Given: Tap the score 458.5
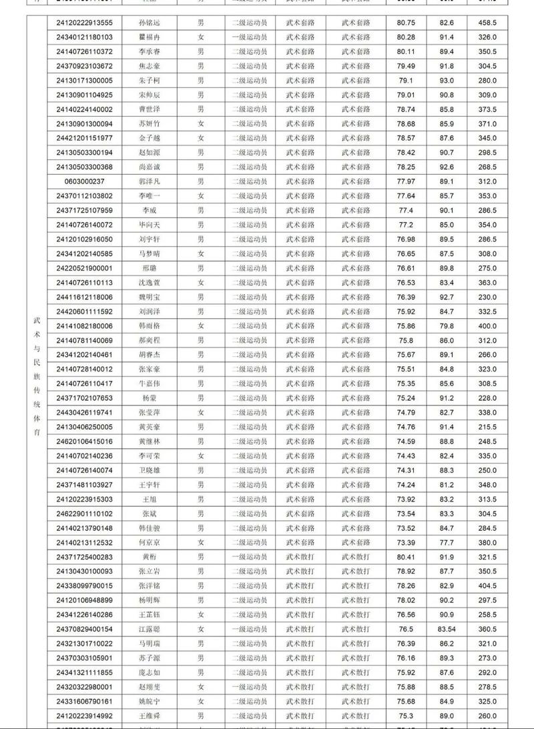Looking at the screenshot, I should pyautogui.click(x=487, y=23).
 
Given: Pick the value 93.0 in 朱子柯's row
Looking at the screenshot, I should pyautogui.click(x=447, y=80).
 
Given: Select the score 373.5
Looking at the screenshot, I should pyautogui.click(x=487, y=109).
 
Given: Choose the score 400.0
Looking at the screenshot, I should pyautogui.click(x=487, y=326).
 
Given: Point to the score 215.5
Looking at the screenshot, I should pyautogui.click(x=487, y=427).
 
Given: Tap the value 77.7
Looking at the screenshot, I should pyautogui.click(x=447, y=543).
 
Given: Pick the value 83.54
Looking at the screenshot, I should pyautogui.click(x=447, y=629).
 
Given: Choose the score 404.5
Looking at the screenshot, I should pyautogui.click(x=487, y=586).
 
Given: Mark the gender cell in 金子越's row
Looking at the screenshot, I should pyautogui.click(x=200, y=138).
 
